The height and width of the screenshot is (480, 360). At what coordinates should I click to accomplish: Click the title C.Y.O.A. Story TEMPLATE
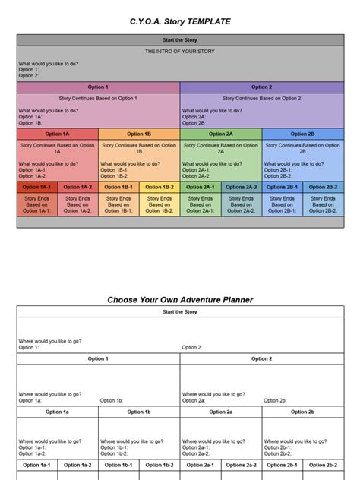180,21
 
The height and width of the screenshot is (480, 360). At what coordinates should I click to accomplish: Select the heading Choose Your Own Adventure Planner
180,300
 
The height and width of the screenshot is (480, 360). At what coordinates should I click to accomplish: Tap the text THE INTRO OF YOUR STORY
180,50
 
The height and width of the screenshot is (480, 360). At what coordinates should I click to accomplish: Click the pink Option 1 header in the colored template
98,87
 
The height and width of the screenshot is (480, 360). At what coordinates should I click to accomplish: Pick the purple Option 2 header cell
261,87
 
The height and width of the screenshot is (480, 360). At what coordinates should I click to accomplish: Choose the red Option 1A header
58,134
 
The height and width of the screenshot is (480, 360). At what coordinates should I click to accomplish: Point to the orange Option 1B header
139,134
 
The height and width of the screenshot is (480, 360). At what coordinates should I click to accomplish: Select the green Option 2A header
221,134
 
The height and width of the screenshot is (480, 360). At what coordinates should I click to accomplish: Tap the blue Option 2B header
302,134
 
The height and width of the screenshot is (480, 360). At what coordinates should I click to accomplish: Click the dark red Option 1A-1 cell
37,187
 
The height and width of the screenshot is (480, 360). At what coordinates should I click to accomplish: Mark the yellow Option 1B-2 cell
159,187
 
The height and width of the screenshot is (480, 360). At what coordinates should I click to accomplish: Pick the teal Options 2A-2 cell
242,187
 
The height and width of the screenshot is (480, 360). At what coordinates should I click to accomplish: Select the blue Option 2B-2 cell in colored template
323,187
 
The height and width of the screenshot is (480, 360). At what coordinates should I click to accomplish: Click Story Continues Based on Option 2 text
261,99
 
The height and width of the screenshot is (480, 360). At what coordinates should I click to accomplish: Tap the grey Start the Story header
180,39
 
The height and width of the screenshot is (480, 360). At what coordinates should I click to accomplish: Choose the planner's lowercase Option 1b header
139,412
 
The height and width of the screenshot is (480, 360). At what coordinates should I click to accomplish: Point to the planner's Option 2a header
221,412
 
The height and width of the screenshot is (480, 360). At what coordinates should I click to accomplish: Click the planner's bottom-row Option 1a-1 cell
37,465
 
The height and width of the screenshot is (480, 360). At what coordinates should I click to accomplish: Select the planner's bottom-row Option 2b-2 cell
323,465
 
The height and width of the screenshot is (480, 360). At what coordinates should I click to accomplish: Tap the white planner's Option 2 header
261,358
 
